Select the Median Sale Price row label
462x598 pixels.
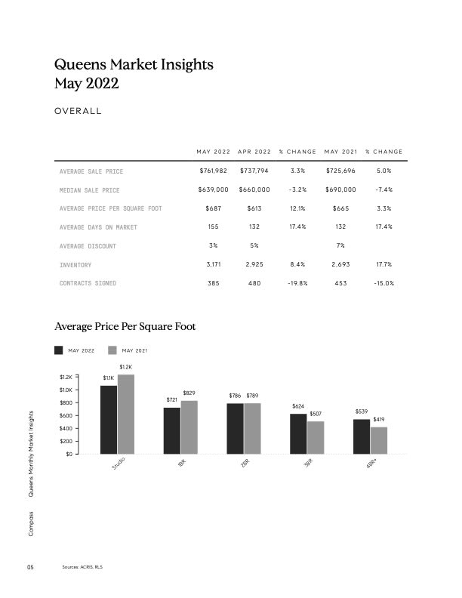89,190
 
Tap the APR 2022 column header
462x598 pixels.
254,153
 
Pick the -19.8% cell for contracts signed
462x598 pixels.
297,283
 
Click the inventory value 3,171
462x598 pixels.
212,264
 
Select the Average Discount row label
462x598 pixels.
88,246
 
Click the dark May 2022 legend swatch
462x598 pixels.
59,350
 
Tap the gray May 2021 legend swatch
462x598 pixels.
113,350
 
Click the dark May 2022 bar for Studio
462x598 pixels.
109,419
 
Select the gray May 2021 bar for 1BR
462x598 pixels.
189,427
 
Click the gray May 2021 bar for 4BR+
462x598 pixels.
379,440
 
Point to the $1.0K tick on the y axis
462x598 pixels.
65,390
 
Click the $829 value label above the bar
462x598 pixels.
189,393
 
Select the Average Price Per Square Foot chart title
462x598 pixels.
125,327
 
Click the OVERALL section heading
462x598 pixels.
78,112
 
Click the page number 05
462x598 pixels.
31,567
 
